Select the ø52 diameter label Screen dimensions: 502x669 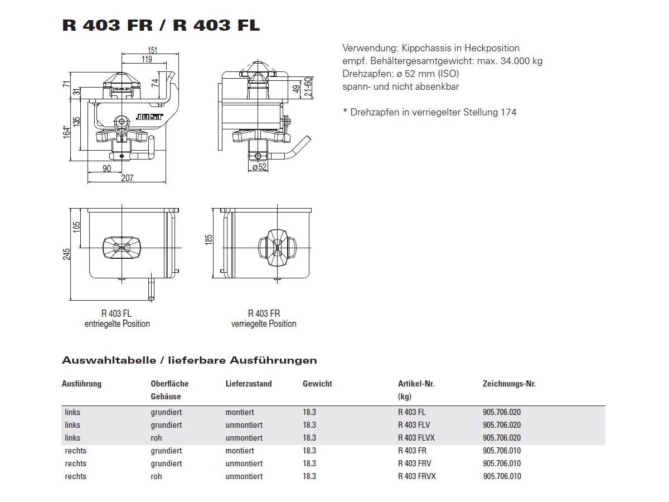260,167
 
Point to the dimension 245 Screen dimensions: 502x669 67,254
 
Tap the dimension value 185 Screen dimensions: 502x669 209,240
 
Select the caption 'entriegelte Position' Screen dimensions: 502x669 117,324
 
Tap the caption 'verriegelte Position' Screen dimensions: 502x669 264,324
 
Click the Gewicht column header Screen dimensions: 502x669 317,384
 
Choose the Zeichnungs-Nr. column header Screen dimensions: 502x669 509,384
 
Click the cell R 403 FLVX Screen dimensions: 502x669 416,438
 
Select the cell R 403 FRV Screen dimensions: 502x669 414,464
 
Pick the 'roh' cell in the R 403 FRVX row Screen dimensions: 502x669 156,476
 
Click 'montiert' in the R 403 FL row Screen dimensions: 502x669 240,412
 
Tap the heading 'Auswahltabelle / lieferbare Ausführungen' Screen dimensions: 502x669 190,360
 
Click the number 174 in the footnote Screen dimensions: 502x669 508,112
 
